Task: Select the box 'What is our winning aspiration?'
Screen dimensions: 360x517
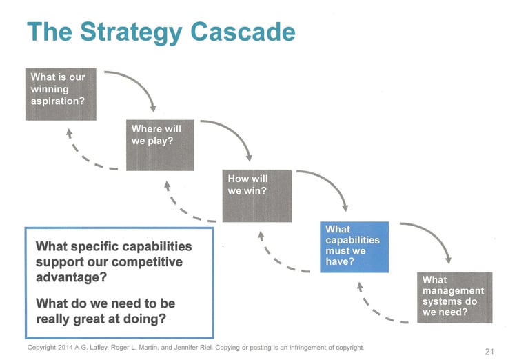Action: [x=61, y=94]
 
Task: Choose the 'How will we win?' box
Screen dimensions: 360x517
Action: [x=257, y=195]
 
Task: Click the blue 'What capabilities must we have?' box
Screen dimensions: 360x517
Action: [x=354, y=246]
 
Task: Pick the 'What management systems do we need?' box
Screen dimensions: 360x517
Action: [x=455, y=297]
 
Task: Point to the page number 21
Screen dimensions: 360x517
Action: [x=489, y=351]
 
